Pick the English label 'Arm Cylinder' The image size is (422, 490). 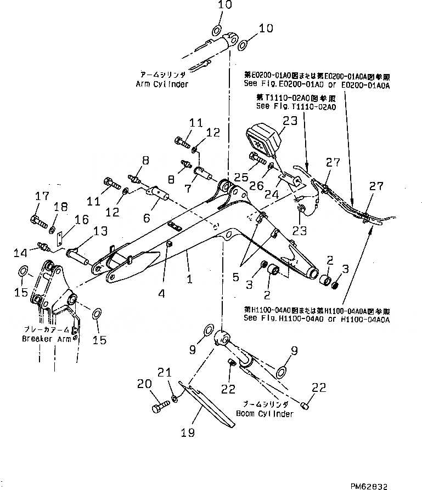tap(162, 84)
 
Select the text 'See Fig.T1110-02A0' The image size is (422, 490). tap(288, 106)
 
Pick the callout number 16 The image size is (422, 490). tap(81, 219)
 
